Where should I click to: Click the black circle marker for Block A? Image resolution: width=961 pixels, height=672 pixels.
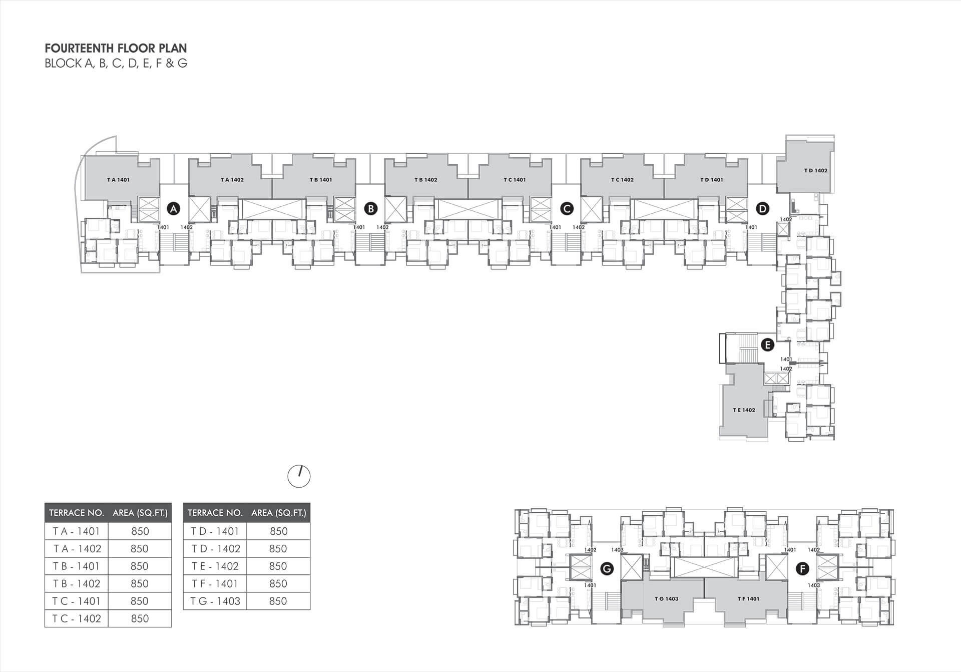click(x=173, y=208)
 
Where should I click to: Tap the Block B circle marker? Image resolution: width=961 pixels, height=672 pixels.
click(x=370, y=208)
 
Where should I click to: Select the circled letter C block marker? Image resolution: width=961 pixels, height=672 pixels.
click(x=567, y=208)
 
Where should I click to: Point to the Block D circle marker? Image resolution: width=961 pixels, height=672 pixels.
click(x=762, y=208)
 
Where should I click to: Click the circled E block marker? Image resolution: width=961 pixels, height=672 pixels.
click(x=767, y=345)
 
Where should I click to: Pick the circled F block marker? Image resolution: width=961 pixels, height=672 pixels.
click(x=802, y=569)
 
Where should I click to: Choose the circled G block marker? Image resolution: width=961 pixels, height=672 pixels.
click(x=607, y=569)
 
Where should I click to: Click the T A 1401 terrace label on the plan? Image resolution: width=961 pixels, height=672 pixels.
click(x=118, y=180)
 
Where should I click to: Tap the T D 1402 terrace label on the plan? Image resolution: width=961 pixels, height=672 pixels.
click(x=816, y=171)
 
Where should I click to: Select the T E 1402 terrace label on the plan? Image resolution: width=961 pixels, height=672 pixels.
click(x=744, y=410)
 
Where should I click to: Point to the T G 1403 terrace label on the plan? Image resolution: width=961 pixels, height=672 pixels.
click(x=666, y=599)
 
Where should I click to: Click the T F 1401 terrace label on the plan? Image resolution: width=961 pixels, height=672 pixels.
click(x=748, y=599)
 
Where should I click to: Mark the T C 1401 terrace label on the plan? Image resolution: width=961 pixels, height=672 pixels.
click(x=515, y=180)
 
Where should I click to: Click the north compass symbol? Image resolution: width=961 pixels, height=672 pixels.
click(x=299, y=476)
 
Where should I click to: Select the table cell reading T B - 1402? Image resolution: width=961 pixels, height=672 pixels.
click(x=77, y=584)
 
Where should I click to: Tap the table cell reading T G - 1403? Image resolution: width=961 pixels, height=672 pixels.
click(x=216, y=601)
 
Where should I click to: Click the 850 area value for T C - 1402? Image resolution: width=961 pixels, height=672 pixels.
click(x=140, y=619)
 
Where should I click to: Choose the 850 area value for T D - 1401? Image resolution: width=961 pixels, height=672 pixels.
click(x=279, y=531)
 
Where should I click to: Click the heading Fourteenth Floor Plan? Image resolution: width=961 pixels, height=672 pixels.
click(x=116, y=49)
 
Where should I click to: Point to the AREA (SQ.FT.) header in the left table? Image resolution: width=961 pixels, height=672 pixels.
click(x=140, y=513)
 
